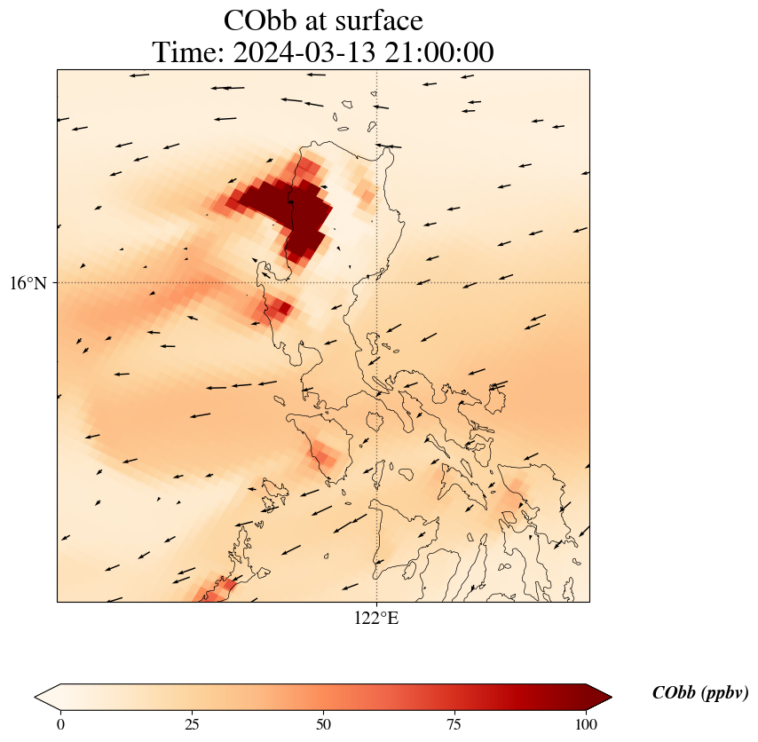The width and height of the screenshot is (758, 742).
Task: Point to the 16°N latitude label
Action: pyautogui.click(x=28, y=283)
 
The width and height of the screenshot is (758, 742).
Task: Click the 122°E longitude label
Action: pyautogui.click(x=376, y=618)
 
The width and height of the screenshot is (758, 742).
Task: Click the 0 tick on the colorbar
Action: pyautogui.click(x=60, y=724)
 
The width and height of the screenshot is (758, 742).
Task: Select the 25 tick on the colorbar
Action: pyautogui.click(x=192, y=724)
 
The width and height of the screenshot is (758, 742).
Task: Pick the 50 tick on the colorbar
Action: pyautogui.click(x=323, y=724)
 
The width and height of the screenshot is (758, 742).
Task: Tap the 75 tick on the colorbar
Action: pyautogui.click(x=454, y=724)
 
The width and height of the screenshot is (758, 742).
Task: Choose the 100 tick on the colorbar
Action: pyautogui.click(x=585, y=724)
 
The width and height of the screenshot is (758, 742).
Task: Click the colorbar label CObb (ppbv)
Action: pyautogui.click(x=699, y=693)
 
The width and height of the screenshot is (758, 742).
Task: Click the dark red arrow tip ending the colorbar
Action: pyautogui.click(x=599, y=697)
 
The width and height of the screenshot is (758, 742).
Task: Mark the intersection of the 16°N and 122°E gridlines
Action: pyautogui.click(x=376, y=282)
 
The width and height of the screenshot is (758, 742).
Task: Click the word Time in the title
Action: pyautogui.click(x=188, y=53)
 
